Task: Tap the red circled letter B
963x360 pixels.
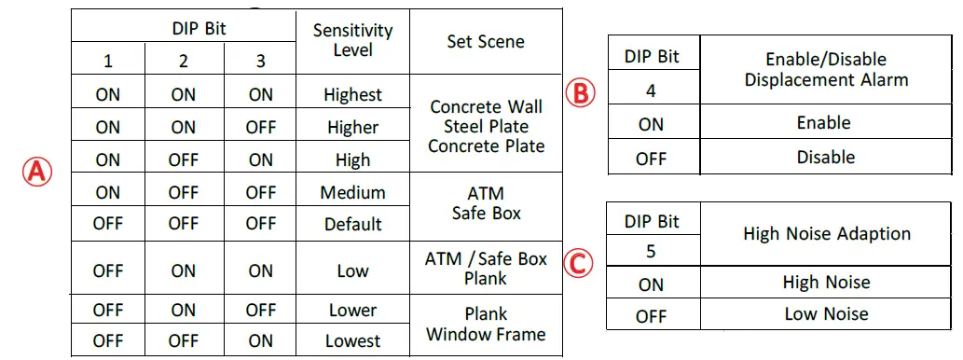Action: click(x=580, y=93)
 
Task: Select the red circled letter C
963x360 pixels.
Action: click(x=579, y=264)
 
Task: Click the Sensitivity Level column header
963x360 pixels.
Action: click(x=352, y=39)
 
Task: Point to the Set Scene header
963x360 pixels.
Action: click(x=486, y=42)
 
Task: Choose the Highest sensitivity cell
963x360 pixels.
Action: click(x=352, y=94)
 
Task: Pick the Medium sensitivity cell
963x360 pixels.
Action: click(x=352, y=192)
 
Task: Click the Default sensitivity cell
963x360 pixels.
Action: click(x=352, y=224)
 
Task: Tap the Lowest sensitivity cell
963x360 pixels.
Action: click(x=352, y=340)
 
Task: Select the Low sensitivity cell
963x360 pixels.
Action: click(x=352, y=270)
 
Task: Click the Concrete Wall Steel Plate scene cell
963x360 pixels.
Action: click(x=486, y=126)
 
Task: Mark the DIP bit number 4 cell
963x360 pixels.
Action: click(x=652, y=90)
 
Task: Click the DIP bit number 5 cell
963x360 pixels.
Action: click(x=652, y=251)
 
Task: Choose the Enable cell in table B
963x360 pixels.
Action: click(x=824, y=122)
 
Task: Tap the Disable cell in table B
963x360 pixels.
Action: click(x=825, y=157)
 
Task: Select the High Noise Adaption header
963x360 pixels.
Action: click(x=826, y=233)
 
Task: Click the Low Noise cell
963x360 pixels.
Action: click(x=826, y=313)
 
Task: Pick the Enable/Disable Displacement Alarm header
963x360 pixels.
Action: click(x=825, y=69)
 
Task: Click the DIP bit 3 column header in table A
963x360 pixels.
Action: click(x=260, y=62)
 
